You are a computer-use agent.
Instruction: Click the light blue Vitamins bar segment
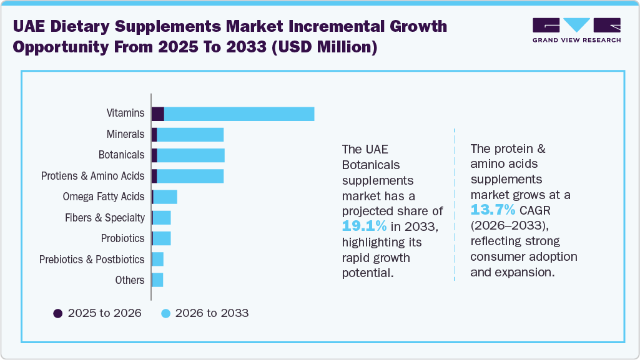pos(239,114)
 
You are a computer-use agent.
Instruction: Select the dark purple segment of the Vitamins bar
pos(158,114)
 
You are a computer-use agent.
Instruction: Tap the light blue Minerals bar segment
pos(190,135)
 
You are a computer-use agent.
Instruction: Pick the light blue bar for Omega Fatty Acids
pos(165,197)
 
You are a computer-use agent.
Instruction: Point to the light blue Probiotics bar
pos(162,238)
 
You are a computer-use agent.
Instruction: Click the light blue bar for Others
pos(157,280)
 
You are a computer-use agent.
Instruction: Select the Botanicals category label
pos(121,155)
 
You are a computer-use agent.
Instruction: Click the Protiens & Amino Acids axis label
pos(92,176)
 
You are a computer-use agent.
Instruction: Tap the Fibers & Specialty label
pos(104,218)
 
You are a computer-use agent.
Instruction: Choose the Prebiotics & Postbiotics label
pos(92,260)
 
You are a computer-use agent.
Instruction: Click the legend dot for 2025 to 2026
pos(58,313)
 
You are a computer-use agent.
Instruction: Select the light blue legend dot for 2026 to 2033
pos(165,313)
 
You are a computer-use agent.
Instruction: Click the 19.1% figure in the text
pos(365,226)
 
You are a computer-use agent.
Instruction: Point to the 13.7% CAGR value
pos(493,209)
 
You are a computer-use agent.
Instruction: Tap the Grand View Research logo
pos(576,29)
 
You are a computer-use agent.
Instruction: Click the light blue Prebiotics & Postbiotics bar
pos(158,260)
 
